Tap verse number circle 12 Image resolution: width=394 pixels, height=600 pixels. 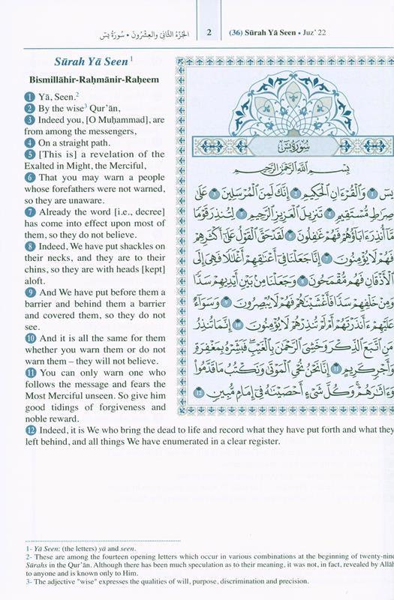pyautogui.click(x=28, y=430)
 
